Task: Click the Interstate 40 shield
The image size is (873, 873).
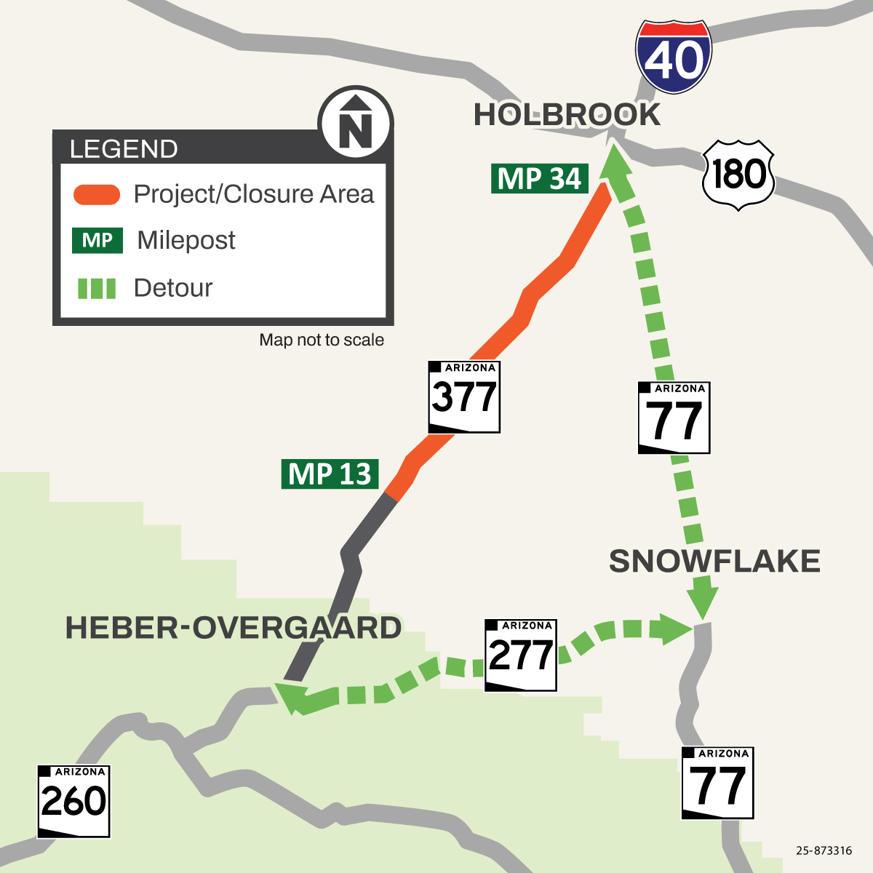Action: [x=673, y=57]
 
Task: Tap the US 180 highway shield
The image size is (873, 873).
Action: [x=738, y=175]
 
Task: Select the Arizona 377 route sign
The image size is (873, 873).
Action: [x=464, y=396]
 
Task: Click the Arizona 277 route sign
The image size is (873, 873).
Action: [x=520, y=655]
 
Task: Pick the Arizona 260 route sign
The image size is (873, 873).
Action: [x=73, y=801]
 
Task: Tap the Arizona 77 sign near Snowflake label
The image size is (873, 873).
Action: [x=674, y=418]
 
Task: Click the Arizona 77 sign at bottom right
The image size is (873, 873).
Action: [x=717, y=783]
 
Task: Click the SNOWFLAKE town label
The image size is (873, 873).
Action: [x=714, y=561]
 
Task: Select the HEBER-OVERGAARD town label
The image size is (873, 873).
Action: [x=234, y=628]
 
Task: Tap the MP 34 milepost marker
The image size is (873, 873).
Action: [x=539, y=178]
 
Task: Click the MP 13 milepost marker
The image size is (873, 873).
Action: [x=330, y=474]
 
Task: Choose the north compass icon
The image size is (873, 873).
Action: [x=356, y=123]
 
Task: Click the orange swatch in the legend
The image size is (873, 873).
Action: [x=97, y=194]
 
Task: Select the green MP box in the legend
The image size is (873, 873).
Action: [x=97, y=241]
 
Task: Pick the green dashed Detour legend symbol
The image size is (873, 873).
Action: [x=97, y=289]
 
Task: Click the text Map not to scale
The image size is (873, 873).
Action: [x=322, y=340]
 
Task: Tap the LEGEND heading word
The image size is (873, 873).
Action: [x=124, y=149]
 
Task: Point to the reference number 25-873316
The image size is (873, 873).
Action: [x=824, y=850]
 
